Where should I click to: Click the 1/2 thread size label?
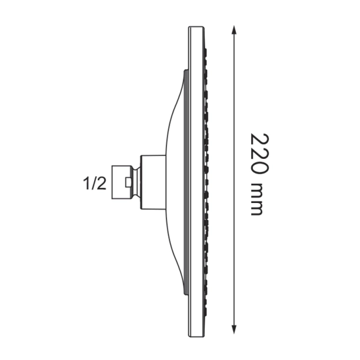tap(94, 184)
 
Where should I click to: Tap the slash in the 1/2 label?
tap(94, 184)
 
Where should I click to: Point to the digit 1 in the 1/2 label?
tap(86, 184)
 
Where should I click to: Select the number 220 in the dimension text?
tap(259, 154)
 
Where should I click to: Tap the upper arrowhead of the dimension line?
tap(235, 29)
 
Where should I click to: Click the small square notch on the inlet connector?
tap(128, 184)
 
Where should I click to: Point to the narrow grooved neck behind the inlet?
tap(136, 184)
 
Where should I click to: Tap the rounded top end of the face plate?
tap(197, 29)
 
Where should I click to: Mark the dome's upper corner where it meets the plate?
tap(186, 72)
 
